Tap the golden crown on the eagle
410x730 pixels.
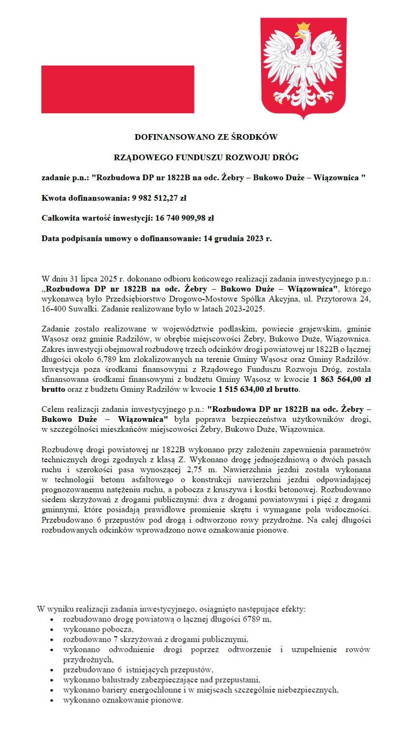tap(303, 27)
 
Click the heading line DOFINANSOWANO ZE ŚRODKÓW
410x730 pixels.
tap(205, 137)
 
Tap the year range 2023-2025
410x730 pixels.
tap(244, 309)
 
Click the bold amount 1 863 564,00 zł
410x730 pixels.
tap(342, 379)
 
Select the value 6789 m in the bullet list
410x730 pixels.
tap(257, 619)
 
